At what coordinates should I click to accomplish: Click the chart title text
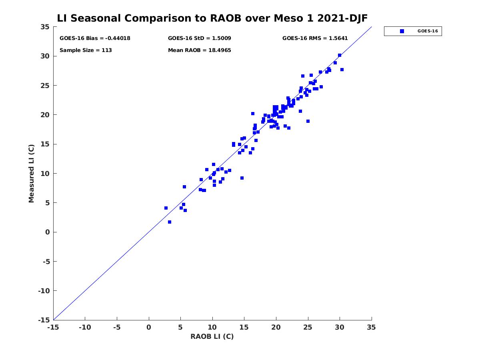(x=212, y=18)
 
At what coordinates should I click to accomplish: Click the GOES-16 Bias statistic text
(x=95, y=38)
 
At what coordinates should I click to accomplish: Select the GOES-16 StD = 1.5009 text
(x=199, y=38)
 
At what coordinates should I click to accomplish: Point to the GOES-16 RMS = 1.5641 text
(x=315, y=38)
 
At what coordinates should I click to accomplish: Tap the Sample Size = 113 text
(x=86, y=50)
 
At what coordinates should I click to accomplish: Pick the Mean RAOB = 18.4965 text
(x=199, y=50)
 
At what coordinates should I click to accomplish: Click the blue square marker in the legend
(x=402, y=31)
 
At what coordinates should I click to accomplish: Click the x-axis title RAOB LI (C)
(x=212, y=336)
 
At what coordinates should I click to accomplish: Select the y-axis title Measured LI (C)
(x=32, y=174)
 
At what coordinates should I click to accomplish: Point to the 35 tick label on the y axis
(x=45, y=27)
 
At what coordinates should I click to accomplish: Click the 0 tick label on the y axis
(x=47, y=232)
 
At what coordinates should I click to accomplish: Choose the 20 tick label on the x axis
(x=276, y=328)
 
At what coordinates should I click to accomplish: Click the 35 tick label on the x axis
(x=372, y=328)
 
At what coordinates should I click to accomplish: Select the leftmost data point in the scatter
(x=166, y=208)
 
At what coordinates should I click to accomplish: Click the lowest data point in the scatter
(x=170, y=222)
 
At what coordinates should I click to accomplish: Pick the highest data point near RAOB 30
(x=340, y=55)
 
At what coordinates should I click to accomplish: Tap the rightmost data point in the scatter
(x=342, y=70)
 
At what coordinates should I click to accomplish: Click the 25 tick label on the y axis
(x=45, y=86)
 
